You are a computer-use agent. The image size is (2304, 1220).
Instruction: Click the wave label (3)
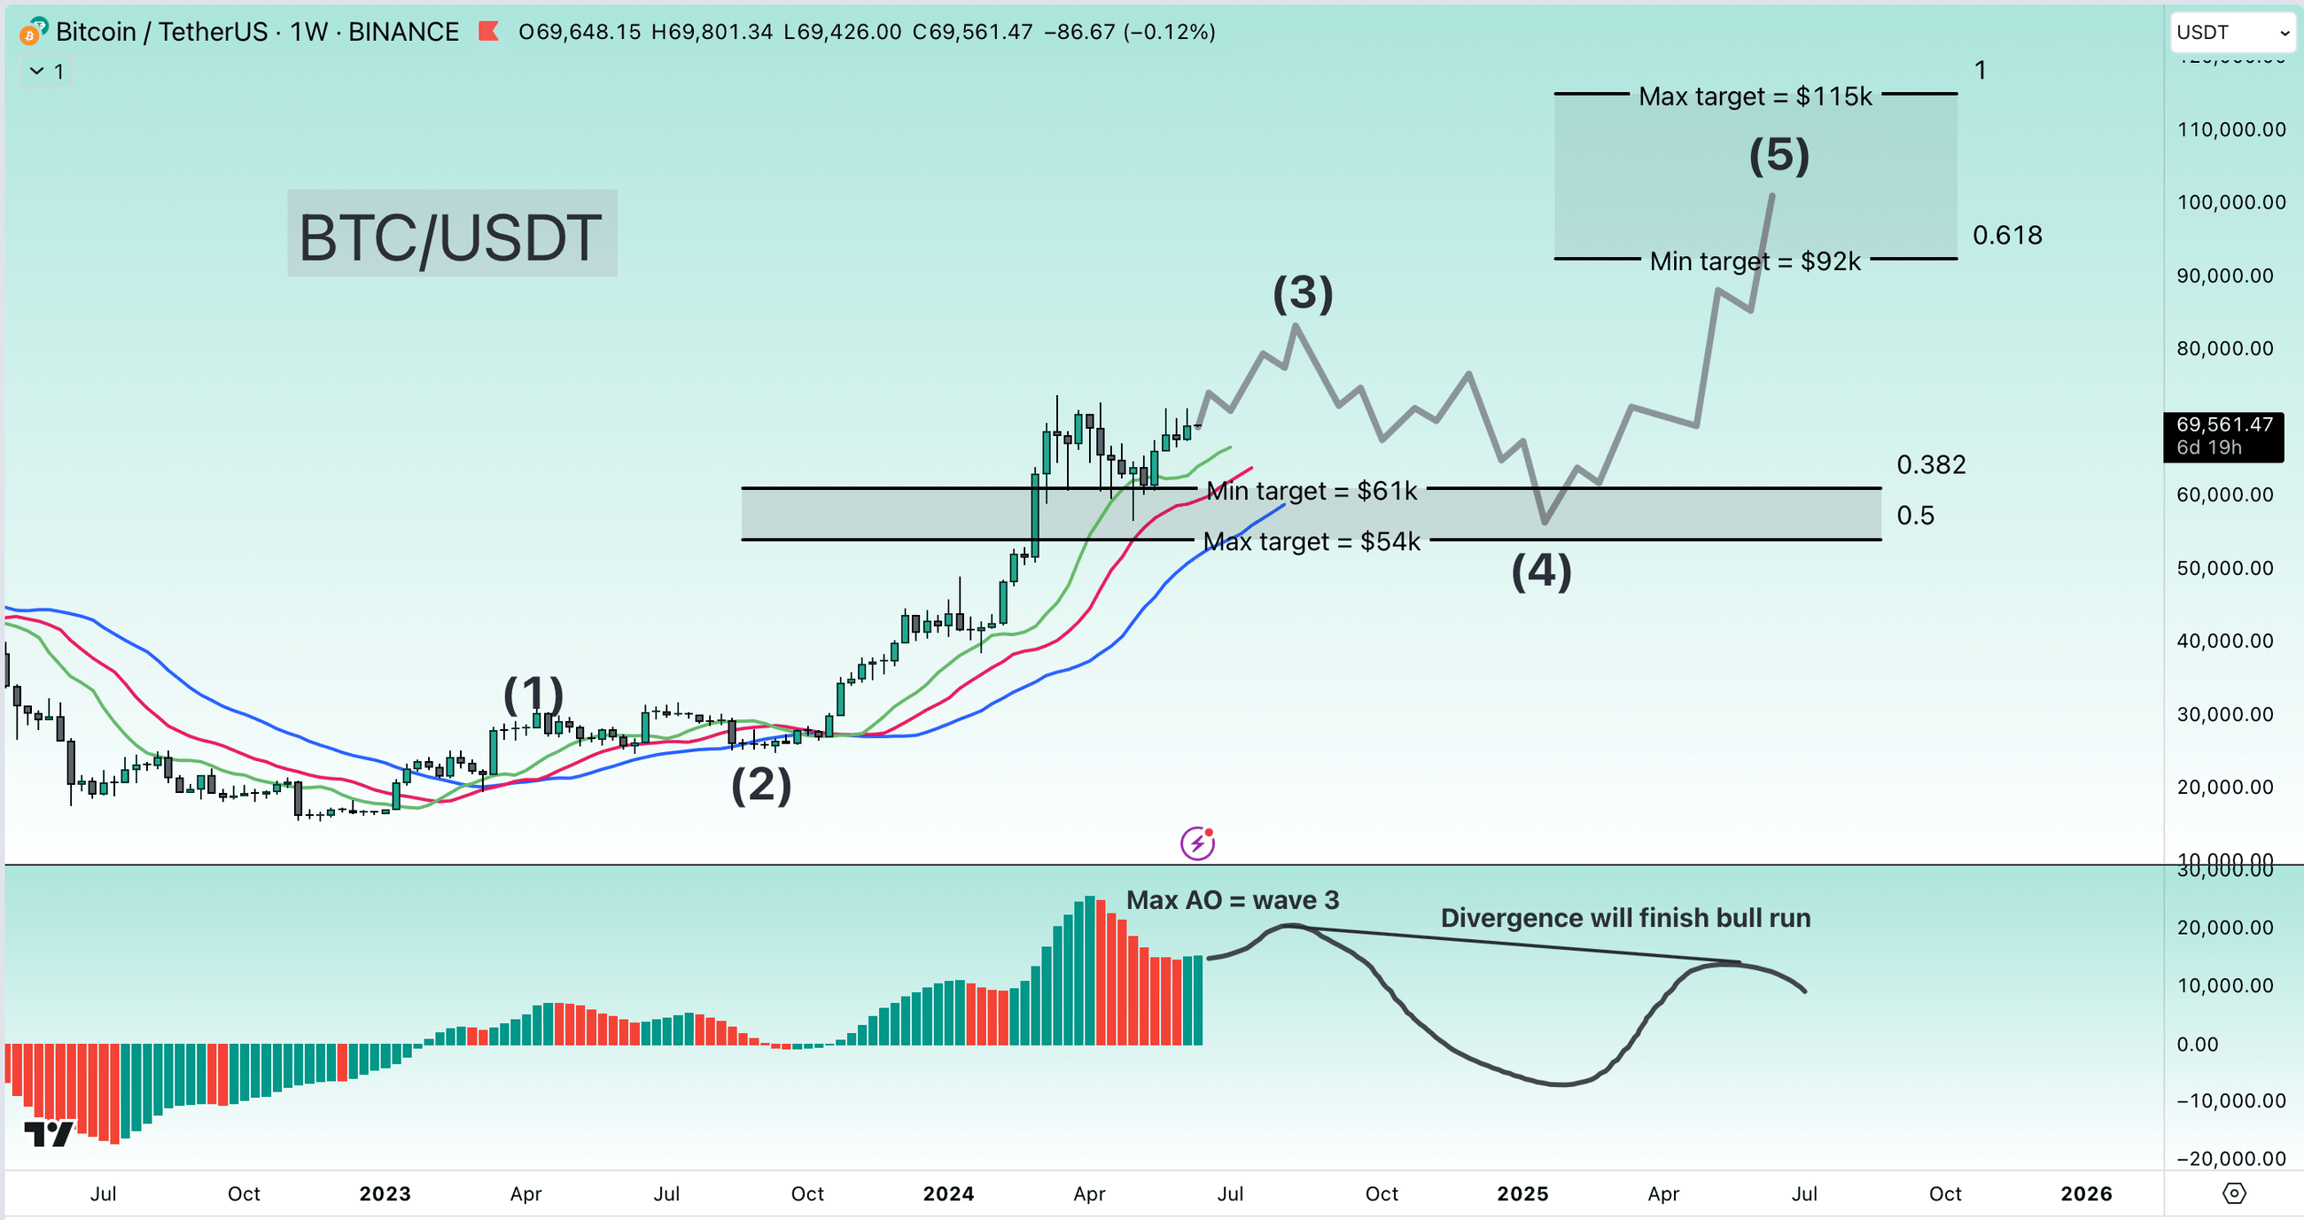point(1303,293)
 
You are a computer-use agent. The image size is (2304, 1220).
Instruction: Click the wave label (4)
point(1540,571)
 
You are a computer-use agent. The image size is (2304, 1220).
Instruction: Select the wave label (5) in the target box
point(1779,155)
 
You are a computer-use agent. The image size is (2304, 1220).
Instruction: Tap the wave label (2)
point(761,785)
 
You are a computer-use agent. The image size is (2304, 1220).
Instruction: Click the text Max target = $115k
point(1754,96)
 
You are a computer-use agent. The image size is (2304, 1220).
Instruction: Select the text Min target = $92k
point(1754,261)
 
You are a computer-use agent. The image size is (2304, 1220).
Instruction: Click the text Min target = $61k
point(1312,491)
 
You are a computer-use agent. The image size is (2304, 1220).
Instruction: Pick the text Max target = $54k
point(1312,542)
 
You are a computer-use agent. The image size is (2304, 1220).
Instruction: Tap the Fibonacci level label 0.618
point(2006,236)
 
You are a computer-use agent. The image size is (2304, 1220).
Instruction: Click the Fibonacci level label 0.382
point(1930,464)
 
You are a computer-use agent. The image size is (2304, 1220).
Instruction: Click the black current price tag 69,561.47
point(2222,436)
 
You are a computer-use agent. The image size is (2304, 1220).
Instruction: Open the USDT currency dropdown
point(2231,33)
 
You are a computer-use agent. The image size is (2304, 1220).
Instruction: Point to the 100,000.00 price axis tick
point(2230,202)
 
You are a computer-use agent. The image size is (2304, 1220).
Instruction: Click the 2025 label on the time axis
point(1522,1193)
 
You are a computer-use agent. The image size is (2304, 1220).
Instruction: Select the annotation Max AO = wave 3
point(1232,900)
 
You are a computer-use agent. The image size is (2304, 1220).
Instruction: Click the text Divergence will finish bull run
point(1624,918)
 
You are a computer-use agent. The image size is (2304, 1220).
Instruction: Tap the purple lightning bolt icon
point(1196,843)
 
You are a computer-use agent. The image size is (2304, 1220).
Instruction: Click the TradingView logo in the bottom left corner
point(49,1133)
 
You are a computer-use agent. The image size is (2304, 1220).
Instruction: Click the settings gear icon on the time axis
point(2233,1193)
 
